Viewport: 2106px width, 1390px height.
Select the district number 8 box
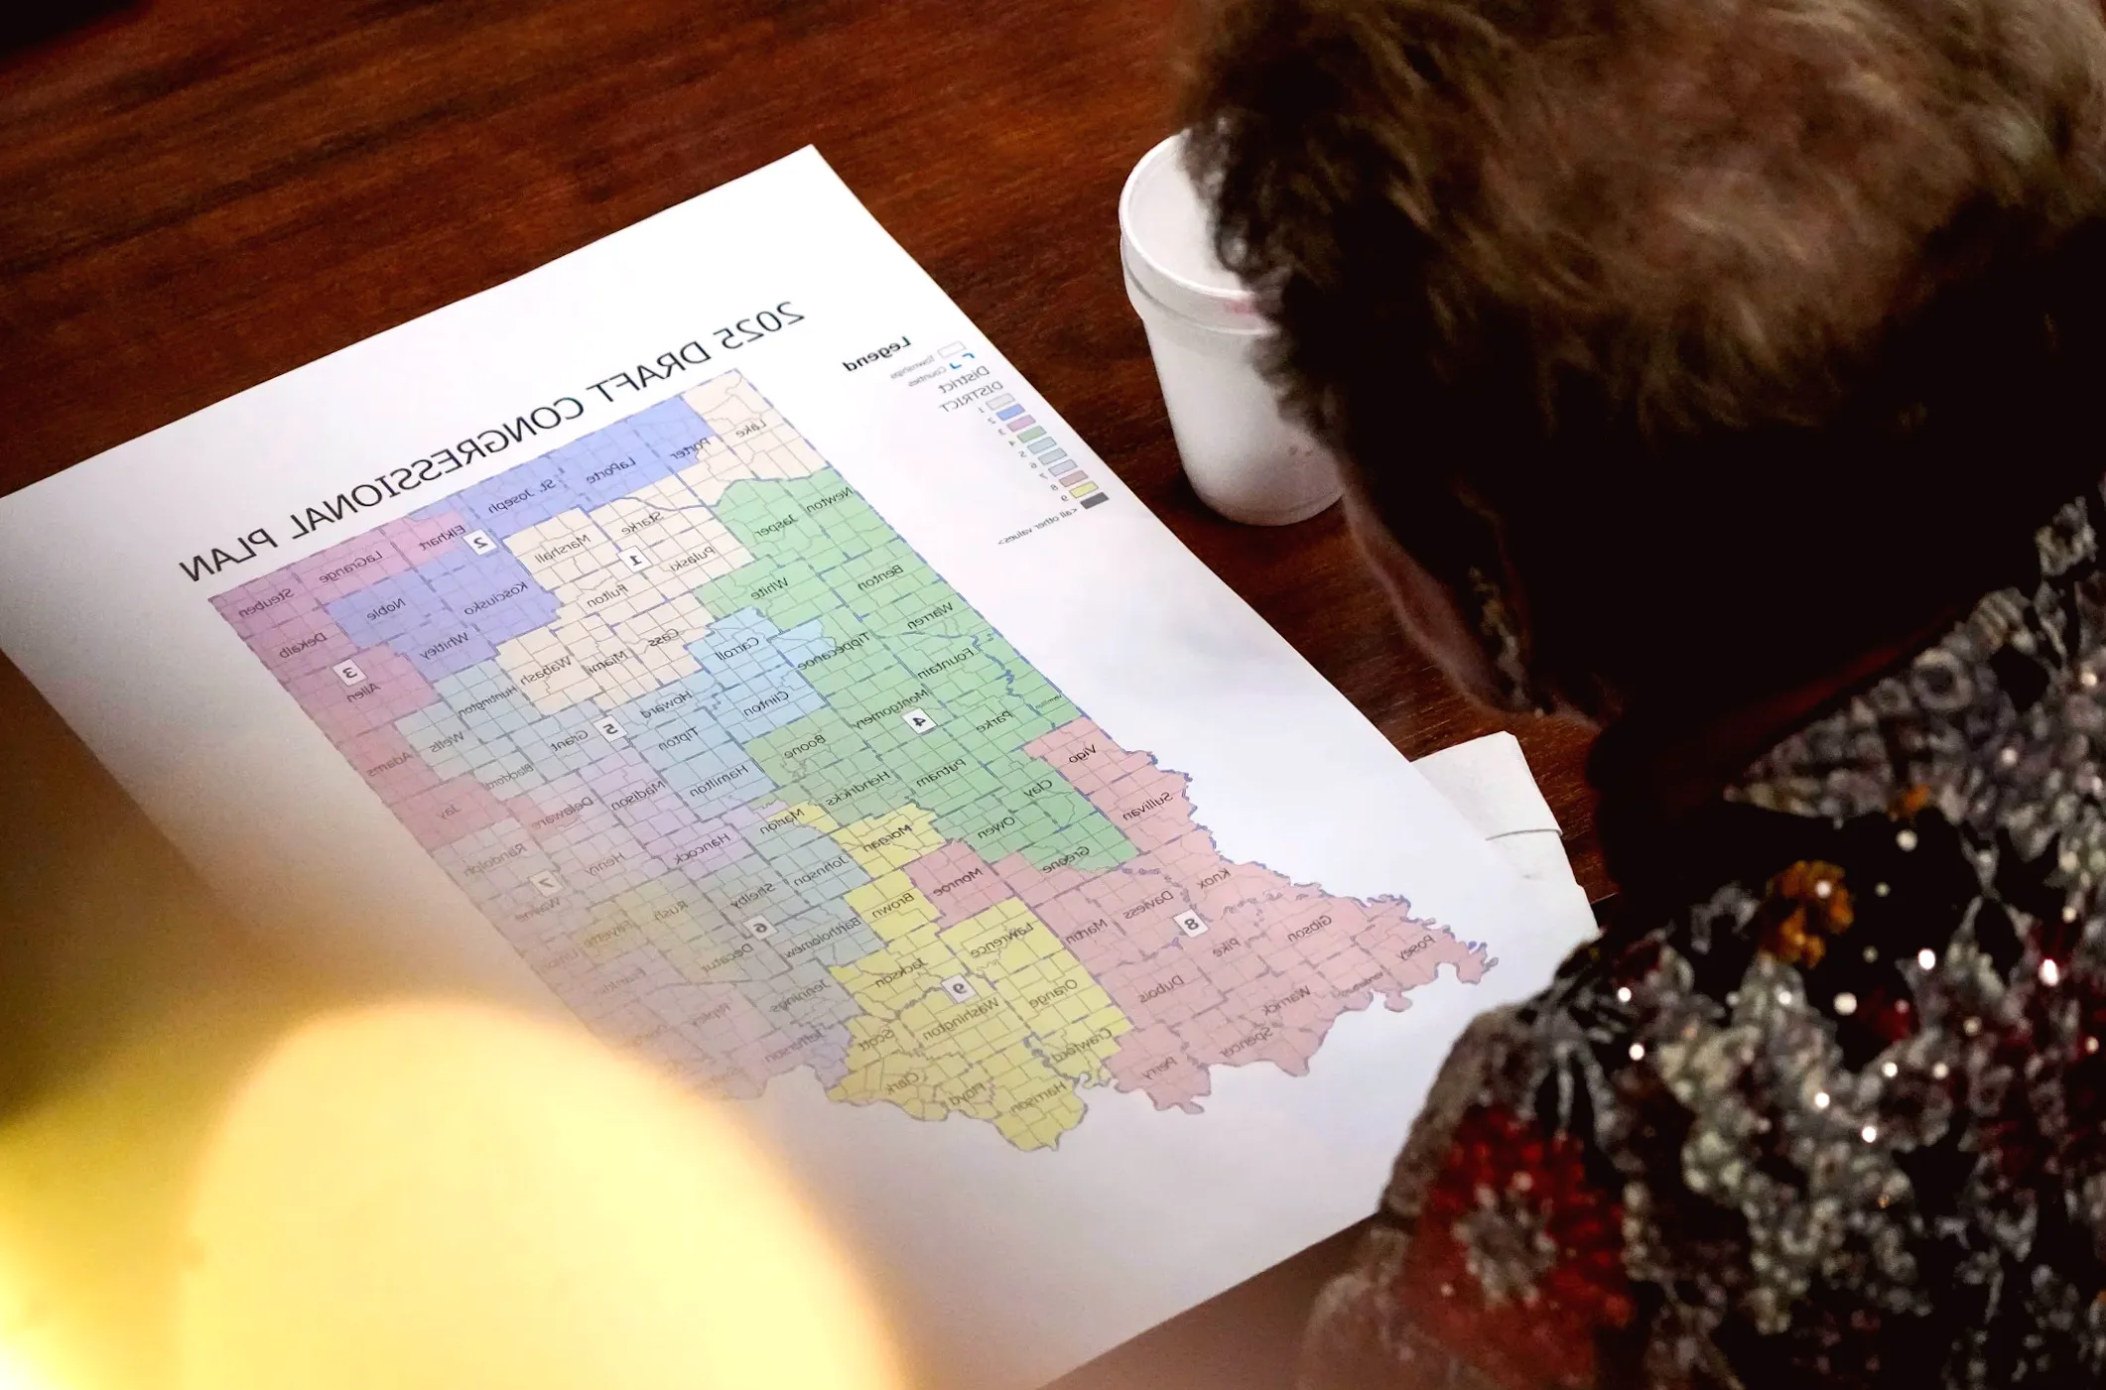point(1190,924)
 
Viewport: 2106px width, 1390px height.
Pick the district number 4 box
point(920,721)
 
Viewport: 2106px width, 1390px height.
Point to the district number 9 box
point(958,987)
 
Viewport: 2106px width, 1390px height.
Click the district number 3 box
point(348,673)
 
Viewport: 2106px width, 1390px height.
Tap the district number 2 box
point(481,542)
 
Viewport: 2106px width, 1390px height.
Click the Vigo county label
point(1082,756)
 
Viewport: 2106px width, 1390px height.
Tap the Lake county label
point(750,430)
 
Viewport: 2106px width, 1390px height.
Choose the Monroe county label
point(958,879)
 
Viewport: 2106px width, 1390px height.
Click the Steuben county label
point(267,601)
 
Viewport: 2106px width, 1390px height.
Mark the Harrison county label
point(1038,1096)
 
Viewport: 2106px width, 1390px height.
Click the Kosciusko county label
point(497,598)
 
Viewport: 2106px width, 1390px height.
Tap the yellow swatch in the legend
point(1082,489)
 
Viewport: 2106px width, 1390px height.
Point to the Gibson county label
point(1310,929)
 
